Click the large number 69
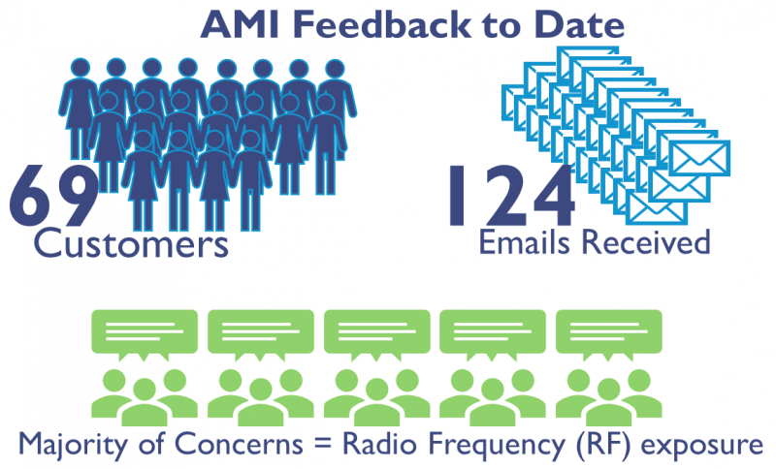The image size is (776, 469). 54,196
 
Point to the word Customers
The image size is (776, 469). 131,243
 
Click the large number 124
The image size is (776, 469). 511,196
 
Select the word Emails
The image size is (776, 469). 524,241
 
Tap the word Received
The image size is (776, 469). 646,241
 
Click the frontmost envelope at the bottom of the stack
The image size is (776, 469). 657,207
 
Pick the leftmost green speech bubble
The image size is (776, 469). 145,333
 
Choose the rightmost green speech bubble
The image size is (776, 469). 609,333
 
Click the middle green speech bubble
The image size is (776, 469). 377,333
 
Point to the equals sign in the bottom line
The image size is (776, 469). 323,444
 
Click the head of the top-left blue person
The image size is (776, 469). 81,68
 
